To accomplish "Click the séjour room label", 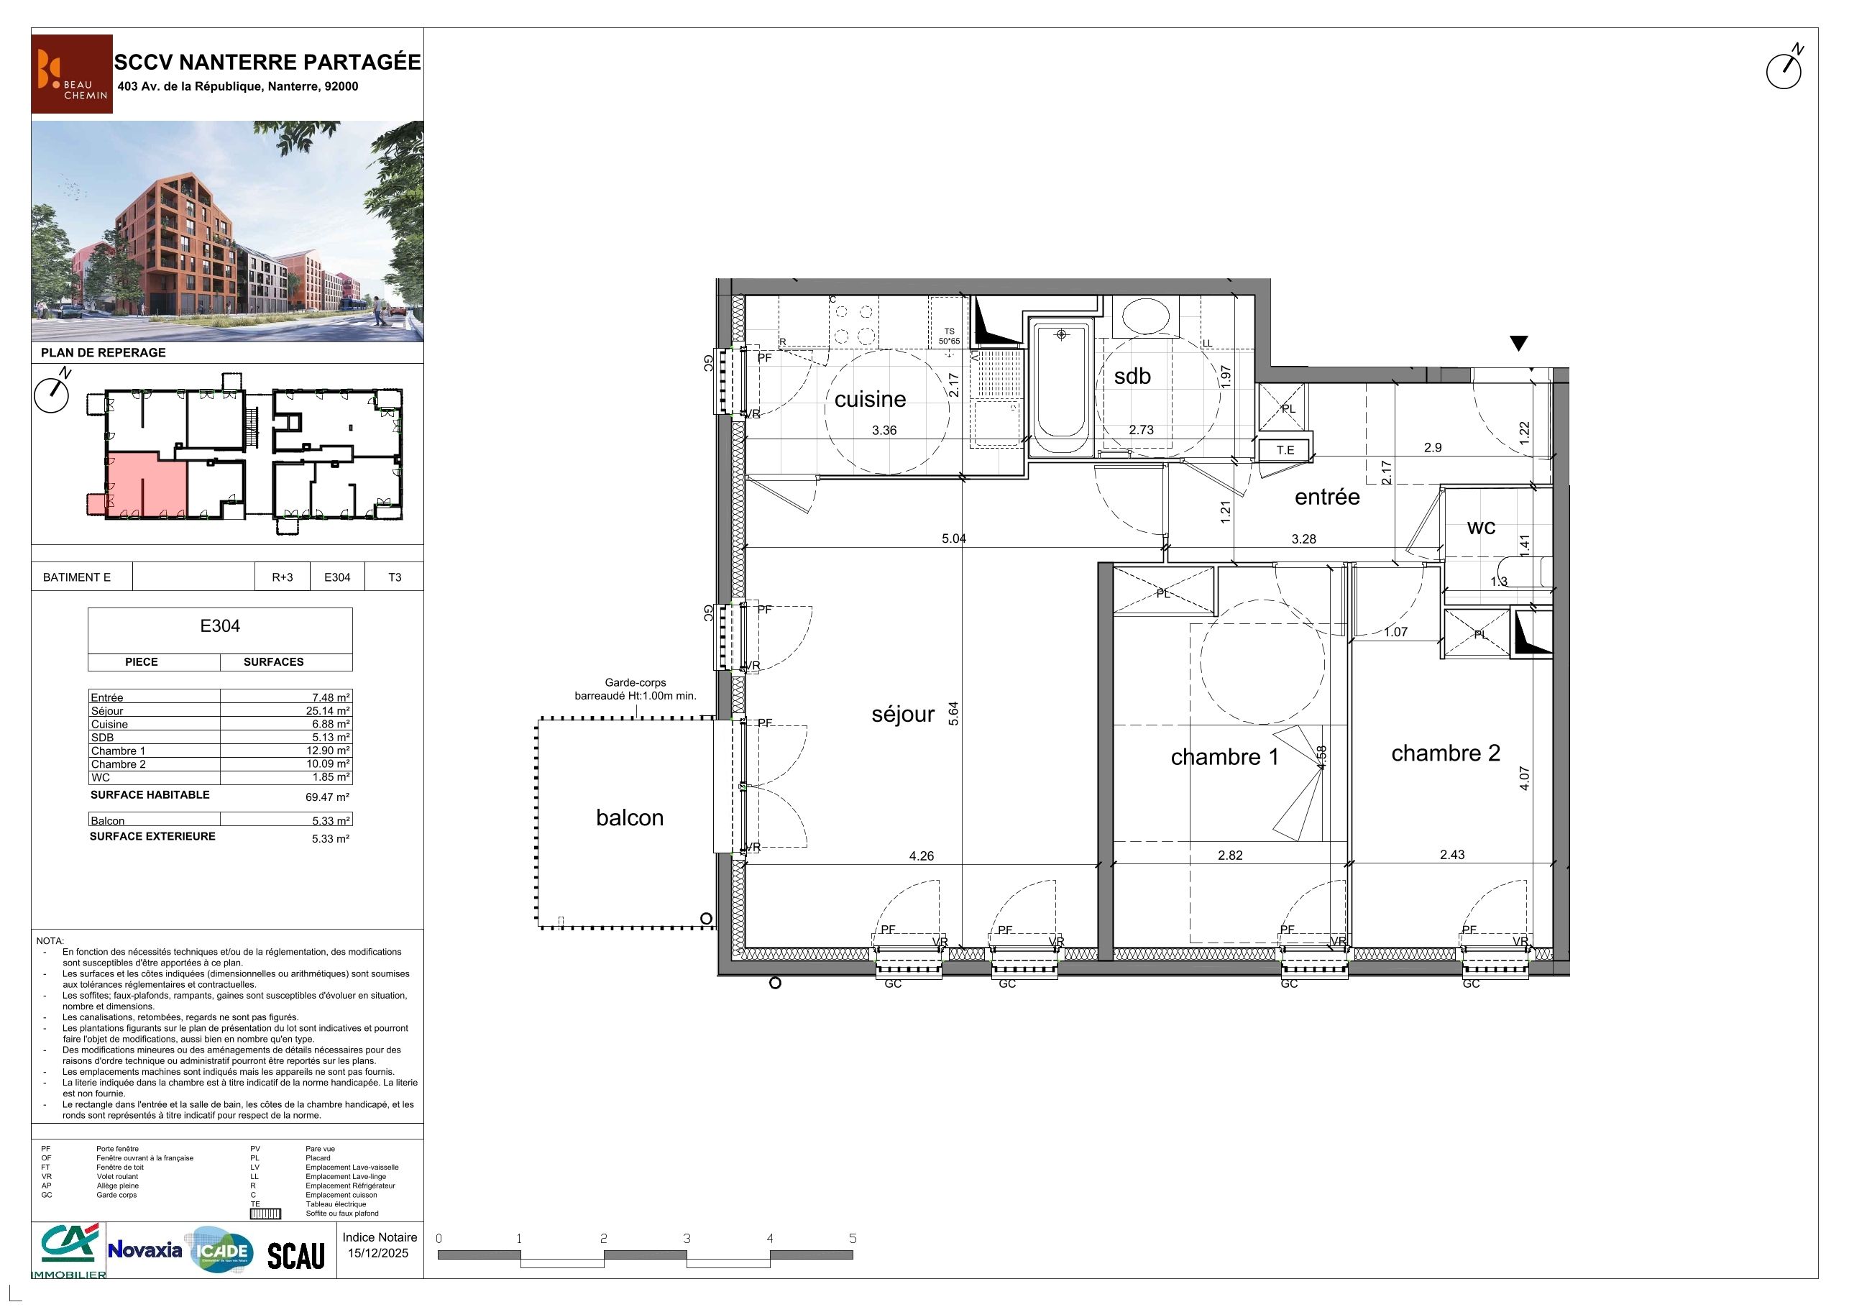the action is point(903,715).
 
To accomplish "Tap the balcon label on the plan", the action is point(630,817).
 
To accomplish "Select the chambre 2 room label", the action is point(1446,753).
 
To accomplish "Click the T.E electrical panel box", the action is point(1285,450).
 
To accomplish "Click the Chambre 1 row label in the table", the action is point(119,751).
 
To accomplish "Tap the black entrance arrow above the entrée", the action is point(1518,343).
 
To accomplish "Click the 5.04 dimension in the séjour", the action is point(953,538).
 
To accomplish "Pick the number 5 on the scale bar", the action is point(853,1239).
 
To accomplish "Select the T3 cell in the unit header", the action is point(395,577).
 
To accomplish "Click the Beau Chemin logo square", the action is point(73,74).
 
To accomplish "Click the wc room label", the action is point(1481,528).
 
